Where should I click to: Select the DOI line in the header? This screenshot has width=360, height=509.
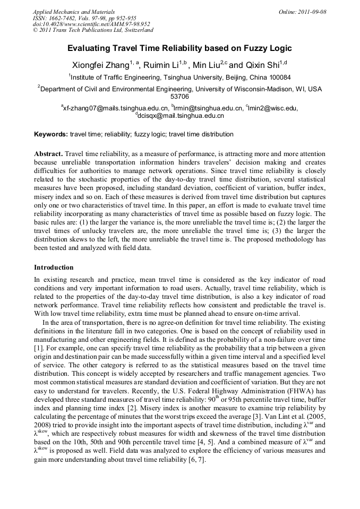91,24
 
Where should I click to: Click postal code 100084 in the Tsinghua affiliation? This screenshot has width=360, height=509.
277,77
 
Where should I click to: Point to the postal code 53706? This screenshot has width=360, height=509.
179,97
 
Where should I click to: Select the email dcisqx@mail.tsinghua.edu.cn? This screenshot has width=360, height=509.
181,115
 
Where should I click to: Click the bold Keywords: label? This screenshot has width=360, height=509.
51,134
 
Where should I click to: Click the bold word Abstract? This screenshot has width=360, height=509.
49,152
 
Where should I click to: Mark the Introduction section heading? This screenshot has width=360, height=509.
54,267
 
